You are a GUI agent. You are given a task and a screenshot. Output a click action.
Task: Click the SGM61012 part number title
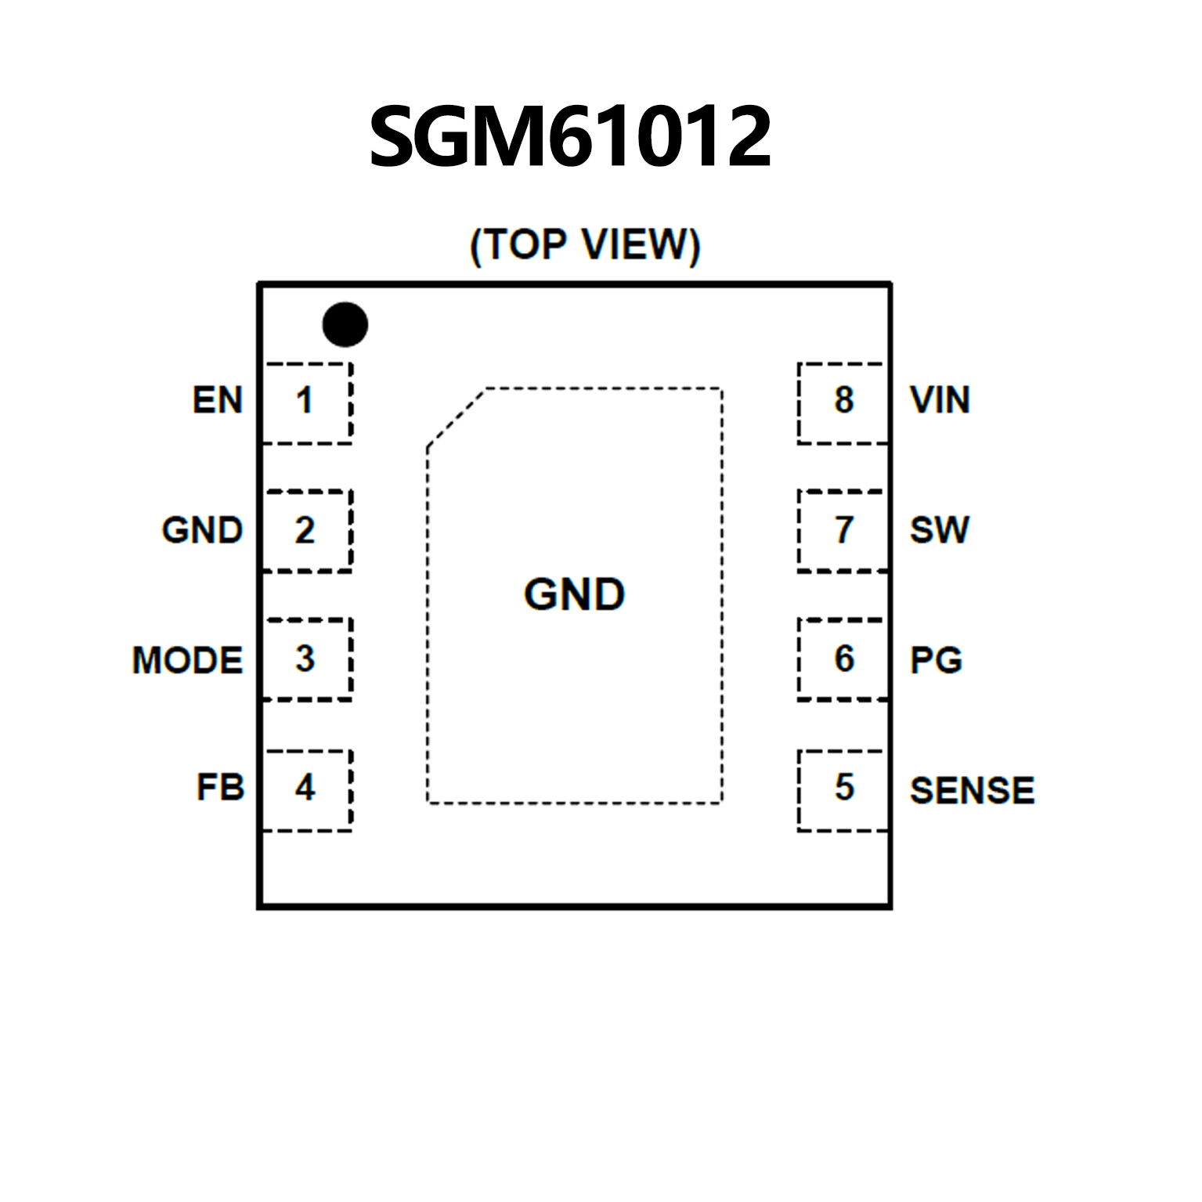click(x=570, y=138)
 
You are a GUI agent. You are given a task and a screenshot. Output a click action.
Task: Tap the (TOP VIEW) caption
click(x=584, y=245)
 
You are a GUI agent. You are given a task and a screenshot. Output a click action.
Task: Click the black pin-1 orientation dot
click(x=345, y=324)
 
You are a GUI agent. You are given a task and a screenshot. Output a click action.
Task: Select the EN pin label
click(x=218, y=400)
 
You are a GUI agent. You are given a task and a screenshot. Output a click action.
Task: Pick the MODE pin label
click(x=187, y=660)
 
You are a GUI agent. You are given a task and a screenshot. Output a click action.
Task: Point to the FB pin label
click(x=220, y=788)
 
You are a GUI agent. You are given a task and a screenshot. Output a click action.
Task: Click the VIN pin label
click(x=940, y=400)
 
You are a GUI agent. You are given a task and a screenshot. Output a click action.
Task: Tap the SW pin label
click(x=939, y=530)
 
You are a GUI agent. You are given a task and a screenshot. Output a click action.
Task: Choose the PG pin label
click(x=936, y=660)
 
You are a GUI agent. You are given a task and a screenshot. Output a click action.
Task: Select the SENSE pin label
click(x=972, y=790)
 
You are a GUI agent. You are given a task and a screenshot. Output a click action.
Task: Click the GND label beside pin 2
click(x=202, y=530)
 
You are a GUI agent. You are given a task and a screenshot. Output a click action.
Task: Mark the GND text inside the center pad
click(x=574, y=594)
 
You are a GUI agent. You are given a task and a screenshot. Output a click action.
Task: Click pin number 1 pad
click(x=306, y=402)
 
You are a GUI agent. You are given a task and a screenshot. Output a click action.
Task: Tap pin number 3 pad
click(x=306, y=659)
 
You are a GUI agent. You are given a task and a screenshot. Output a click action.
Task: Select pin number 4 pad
click(x=306, y=789)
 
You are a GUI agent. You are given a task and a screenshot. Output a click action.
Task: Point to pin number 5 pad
click(x=843, y=789)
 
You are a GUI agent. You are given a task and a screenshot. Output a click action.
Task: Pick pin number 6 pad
click(x=843, y=659)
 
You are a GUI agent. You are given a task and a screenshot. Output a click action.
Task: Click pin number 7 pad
click(x=843, y=530)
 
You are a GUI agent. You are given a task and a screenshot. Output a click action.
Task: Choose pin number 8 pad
click(x=843, y=402)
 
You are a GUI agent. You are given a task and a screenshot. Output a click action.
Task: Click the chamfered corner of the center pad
click(x=456, y=418)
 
